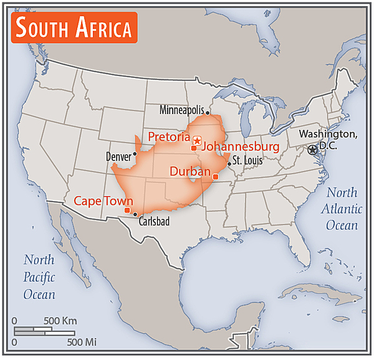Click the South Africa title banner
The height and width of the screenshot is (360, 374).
(74, 28)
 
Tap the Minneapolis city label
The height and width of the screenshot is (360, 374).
(181, 110)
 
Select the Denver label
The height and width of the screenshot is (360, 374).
(118, 156)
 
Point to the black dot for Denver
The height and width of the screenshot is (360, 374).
(135, 153)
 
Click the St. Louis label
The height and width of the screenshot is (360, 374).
(247, 160)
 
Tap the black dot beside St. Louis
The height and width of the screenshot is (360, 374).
(229, 164)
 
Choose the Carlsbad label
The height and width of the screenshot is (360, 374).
(153, 221)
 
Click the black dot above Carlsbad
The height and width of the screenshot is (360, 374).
(135, 214)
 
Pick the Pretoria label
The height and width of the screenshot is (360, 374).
(168, 136)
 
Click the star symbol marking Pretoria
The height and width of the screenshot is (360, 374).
(197, 141)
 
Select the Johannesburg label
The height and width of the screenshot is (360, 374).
(241, 147)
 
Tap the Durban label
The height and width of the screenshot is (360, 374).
(190, 171)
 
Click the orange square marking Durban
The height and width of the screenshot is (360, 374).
(216, 177)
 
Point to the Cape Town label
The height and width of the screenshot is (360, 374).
(103, 201)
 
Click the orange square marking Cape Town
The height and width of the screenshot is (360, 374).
(127, 210)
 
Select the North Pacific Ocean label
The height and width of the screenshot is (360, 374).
(39, 277)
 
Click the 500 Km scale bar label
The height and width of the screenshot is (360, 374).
(60, 321)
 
